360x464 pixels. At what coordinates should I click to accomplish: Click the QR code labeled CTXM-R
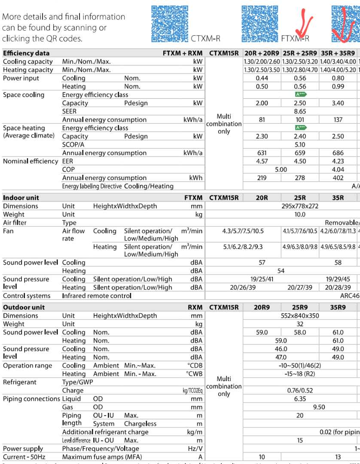click(170, 24)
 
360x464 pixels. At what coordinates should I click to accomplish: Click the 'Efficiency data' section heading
click(26, 53)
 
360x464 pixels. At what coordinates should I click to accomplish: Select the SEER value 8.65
click(300, 111)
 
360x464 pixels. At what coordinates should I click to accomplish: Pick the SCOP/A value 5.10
click(300, 145)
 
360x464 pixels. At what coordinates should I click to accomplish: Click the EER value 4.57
click(262, 161)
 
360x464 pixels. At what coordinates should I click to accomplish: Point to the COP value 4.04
click(338, 170)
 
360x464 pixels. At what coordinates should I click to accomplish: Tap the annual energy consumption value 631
click(262, 153)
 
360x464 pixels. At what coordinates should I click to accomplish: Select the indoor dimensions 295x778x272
click(300, 206)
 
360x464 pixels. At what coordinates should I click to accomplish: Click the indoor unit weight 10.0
click(300, 214)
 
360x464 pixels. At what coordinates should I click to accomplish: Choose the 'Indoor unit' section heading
click(21, 198)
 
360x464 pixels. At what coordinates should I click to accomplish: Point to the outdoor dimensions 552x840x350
click(300, 316)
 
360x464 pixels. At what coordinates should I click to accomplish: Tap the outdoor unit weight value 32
click(300, 324)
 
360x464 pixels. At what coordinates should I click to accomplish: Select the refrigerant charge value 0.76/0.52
click(300, 391)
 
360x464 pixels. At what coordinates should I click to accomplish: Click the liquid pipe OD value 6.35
click(300, 399)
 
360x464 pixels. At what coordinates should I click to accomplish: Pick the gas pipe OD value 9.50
click(319, 407)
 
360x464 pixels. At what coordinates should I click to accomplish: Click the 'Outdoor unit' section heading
click(24, 307)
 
